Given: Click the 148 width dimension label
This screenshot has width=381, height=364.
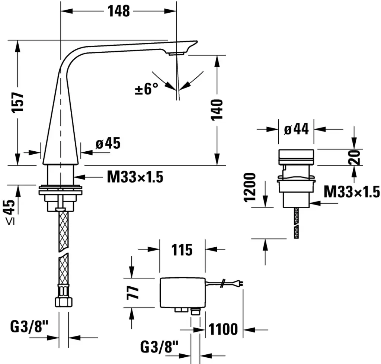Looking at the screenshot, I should tap(119, 11).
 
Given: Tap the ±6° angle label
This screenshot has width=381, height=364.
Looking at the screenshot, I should tap(146, 89).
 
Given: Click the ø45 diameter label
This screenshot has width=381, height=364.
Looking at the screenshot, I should tap(108, 144).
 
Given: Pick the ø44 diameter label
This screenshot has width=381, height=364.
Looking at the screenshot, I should tap(296, 129).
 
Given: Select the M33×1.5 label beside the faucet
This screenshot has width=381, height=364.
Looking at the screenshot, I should tap(135, 177).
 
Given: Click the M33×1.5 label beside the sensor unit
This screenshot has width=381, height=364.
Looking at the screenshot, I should tap(351, 192).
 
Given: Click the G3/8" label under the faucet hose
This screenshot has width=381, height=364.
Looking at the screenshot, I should tap(29, 328).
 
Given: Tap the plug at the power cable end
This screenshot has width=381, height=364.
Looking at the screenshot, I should tap(240, 283).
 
